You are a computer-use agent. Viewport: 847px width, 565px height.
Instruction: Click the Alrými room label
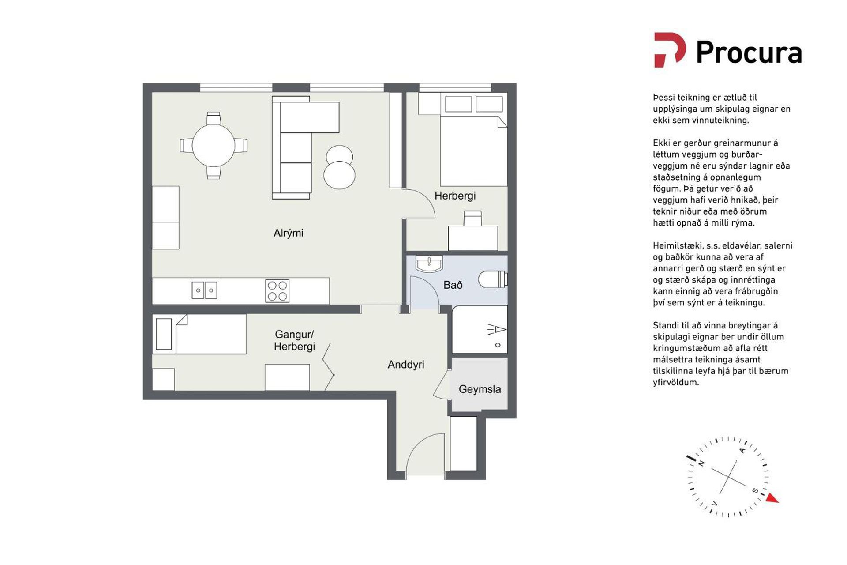pos(288,233)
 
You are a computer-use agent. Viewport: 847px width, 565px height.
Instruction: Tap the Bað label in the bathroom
pos(453,285)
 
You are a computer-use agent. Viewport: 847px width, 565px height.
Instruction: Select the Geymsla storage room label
pos(480,389)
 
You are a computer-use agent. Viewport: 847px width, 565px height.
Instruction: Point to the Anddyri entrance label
pos(406,365)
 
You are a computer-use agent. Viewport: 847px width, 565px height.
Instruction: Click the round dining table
pos(214,146)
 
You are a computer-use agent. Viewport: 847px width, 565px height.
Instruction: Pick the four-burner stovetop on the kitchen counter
pos(277,291)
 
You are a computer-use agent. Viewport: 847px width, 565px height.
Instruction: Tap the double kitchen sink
pos(204,290)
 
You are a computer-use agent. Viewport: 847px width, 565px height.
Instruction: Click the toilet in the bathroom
pos(493,279)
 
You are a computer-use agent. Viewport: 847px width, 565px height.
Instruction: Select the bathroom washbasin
pos(429,264)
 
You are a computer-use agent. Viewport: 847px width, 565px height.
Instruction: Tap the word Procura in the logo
pos(749,53)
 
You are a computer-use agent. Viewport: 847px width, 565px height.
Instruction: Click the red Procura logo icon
pos(670,50)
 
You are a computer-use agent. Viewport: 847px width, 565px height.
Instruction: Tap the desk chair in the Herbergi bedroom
pos(472,218)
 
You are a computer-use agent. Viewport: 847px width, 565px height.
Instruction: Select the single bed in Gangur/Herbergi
pos(199,334)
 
